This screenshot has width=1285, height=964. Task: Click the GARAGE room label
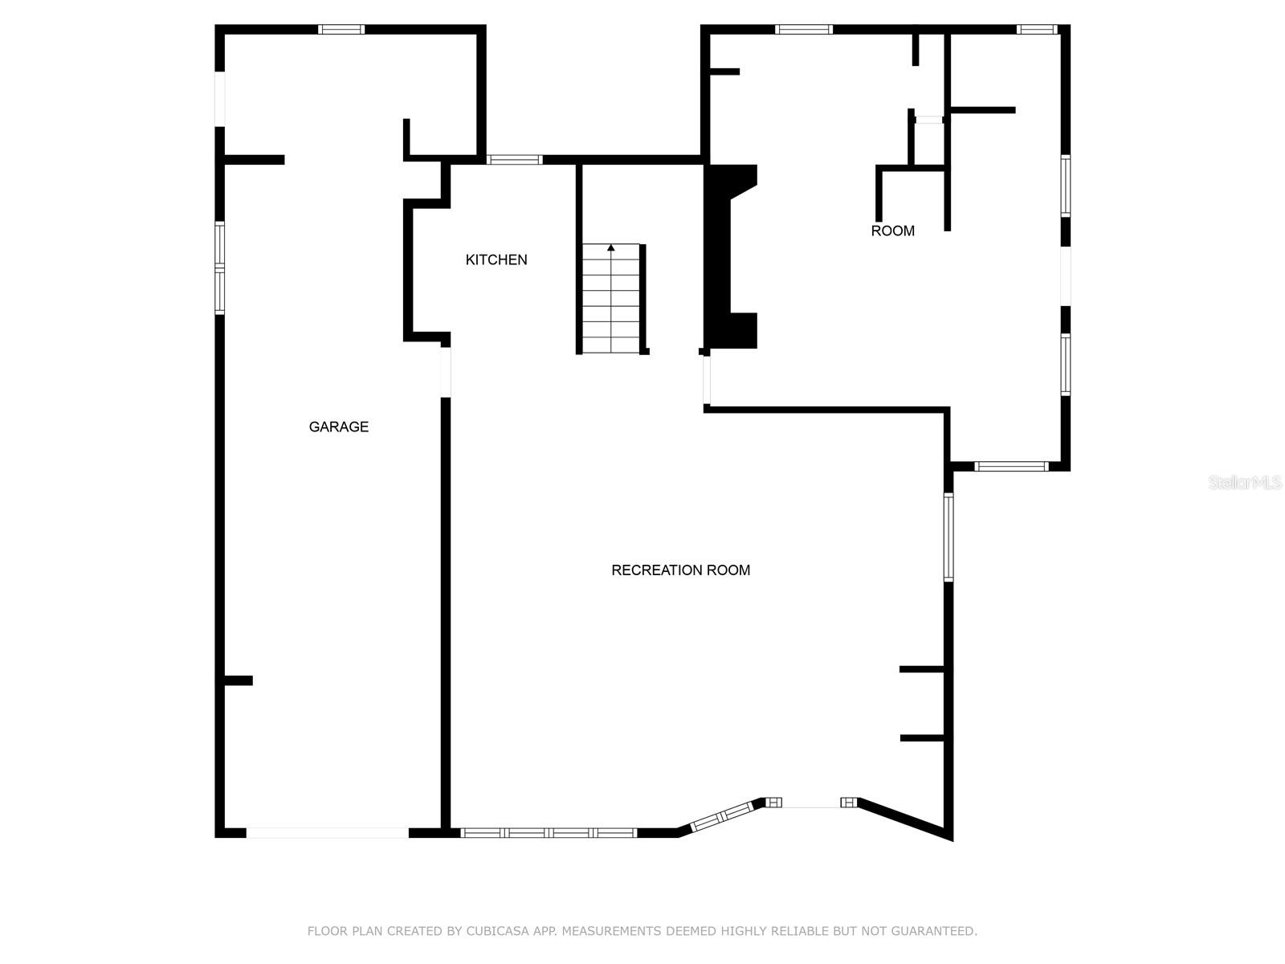pyautogui.click(x=338, y=427)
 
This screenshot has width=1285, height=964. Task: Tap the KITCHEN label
pyautogui.click(x=496, y=259)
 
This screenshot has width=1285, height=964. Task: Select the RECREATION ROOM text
pyautogui.click(x=680, y=570)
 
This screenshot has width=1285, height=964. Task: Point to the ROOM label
pyautogui.click(x=892, y=231)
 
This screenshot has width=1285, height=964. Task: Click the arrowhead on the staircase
pyautogui.click(x=611, y=247)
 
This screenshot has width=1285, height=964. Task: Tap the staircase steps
pyautogui.click(x=611, y=299)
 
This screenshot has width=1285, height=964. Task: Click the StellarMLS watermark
pyautogui.click(x=1245, y=482)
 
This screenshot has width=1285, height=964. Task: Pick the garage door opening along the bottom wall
pyautogui.click(x=327, y=833)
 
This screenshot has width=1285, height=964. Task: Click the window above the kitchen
pyautogui.click(x=515, y=159)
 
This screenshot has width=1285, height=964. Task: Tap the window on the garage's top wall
pyautogui.click(x=341, y=29)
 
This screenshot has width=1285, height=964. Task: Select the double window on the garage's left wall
pyautogui.click(x=219, y=268)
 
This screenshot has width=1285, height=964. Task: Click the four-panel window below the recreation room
pyautogui.click(x=549, y=833)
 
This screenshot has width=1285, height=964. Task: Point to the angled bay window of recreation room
pyautogui.click(x=722, y=816)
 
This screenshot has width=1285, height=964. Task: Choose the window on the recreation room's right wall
pyautogui.click(x=948, y=537)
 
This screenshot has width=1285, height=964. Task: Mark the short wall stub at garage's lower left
pyautogui.click(x=239, y=680)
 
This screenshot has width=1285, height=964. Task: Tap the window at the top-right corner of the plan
pyautogui.click(x=1037, y=29)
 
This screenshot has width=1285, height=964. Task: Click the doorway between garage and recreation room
pyautogui.click(x=446, y=372)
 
